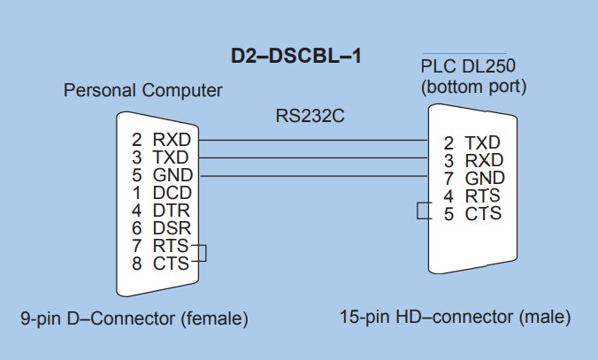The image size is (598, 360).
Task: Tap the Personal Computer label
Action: (x=143, y=91)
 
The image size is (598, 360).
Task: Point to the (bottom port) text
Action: (x=474, y=87)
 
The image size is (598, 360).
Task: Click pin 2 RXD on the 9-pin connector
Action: (x=162, y=140)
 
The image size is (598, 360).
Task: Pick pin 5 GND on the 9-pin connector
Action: (x=162, y=175)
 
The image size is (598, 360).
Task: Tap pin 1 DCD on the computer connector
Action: (x=162, y=192)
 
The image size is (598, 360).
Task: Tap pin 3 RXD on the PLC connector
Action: (x=472, y=160)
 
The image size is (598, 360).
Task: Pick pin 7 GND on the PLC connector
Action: (x=472, y=178)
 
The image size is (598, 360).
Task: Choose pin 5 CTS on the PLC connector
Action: (x=472, y=213)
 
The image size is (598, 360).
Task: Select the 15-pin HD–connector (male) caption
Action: (x=455, y=316)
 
